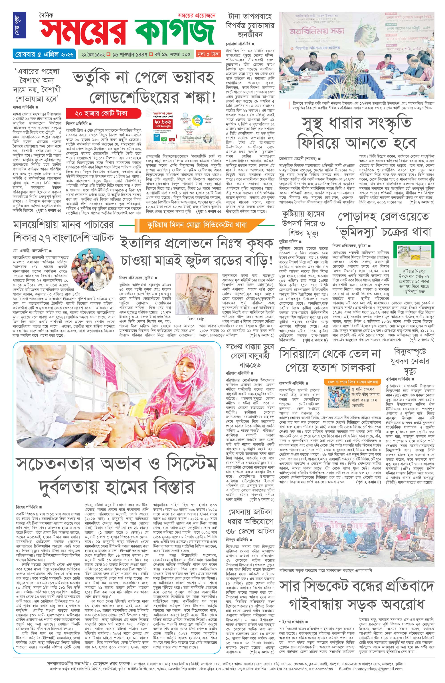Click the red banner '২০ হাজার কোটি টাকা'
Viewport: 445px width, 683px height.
click(x=103, y=114)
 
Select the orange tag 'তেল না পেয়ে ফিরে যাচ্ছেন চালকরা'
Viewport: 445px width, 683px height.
click(x=352, y=382)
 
